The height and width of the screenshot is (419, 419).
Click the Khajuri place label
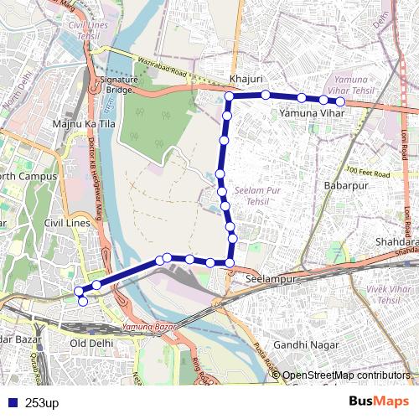click(246, 80)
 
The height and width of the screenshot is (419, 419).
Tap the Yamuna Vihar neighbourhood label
click(313, 112)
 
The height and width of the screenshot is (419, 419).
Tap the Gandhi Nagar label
click(306, 344)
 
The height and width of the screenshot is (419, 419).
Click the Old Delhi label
click(90, 344)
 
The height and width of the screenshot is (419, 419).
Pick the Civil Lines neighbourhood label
click(65, 224)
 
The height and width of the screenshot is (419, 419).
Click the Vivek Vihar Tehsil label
click(377, 293)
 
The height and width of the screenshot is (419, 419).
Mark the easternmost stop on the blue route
click(340, 101)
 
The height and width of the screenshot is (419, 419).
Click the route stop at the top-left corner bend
click(229, 97)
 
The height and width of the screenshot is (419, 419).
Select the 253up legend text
click(42, 403)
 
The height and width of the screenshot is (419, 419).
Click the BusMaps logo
click(377, 401)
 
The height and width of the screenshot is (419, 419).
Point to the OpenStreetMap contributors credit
click(346, 375)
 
